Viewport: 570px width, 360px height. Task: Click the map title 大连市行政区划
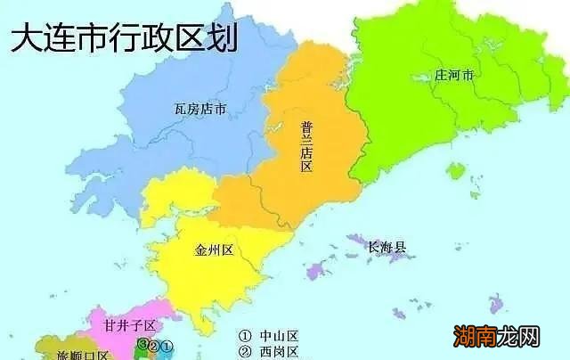pyautogui.click(x=124, y=39)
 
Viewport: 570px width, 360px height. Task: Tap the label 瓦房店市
pyautogui.click(x=199, y=110)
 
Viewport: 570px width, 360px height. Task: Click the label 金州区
pyautogui.click(x=214, y=250)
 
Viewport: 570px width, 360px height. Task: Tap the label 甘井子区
pyautogui.click(x=131, y=325)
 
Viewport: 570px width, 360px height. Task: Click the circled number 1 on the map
pyautogui.click(x=168, y=344)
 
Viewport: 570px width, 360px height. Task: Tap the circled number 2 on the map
pyautogui.click(x=154, y=345)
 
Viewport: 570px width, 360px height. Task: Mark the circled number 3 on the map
pyautogui.click(x=142, y=344)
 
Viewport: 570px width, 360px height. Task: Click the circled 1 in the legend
pyautogui.click(x=245, y=336)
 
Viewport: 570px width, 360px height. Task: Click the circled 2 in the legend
pyautogui.click(x=245, y=352)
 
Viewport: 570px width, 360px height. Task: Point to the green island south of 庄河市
pyautogui.click(x=456, y=170)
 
